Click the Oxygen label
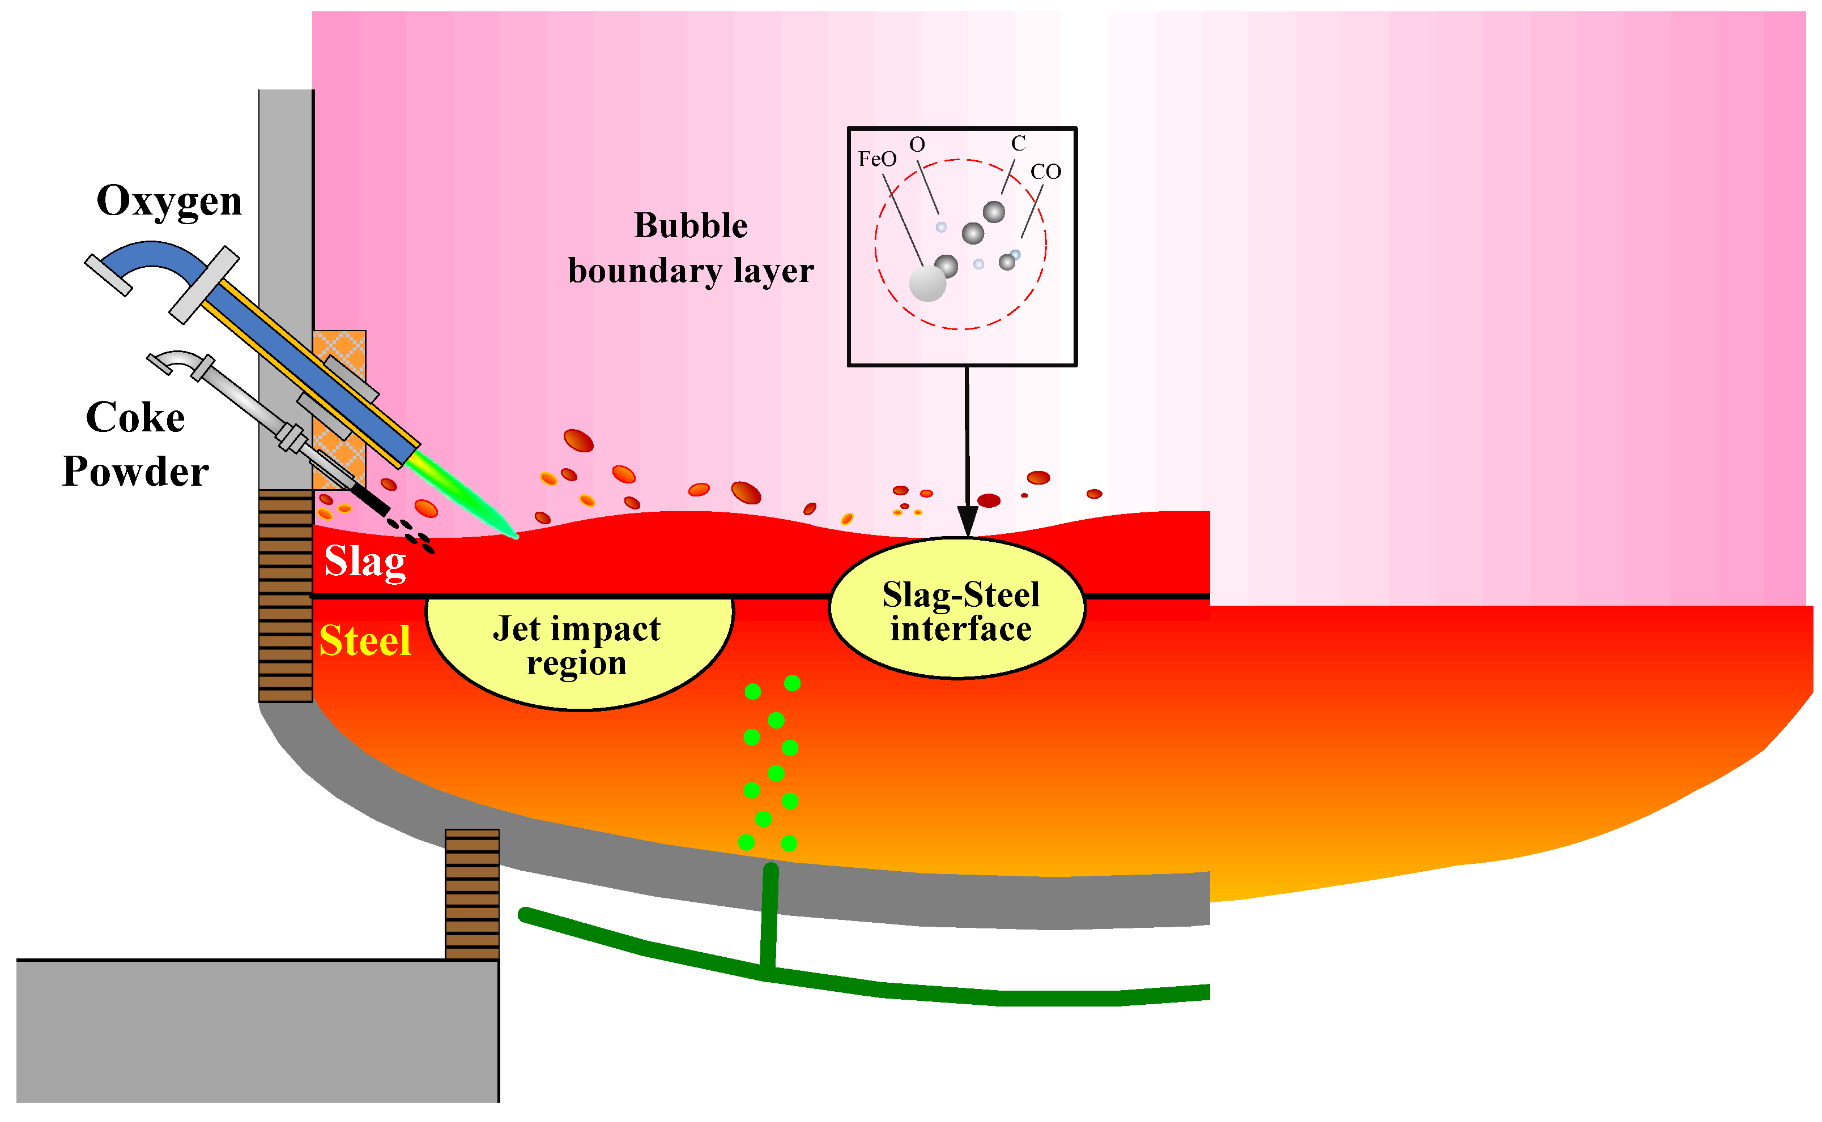click(169, 201)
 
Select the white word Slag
click(365, 562)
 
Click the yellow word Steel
click(364, 641)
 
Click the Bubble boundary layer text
click(691, 248)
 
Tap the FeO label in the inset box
click(877, 160)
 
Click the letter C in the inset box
click(1018, 144)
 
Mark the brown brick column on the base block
click(472, 895)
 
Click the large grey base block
click(257, 1031)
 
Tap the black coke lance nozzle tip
click(371, 499)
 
